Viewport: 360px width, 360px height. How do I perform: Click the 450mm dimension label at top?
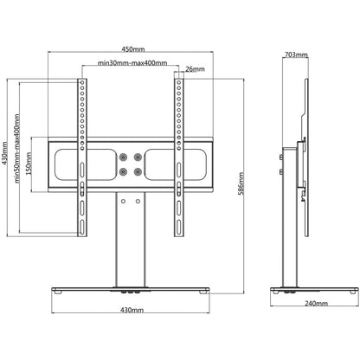tap(132, 48)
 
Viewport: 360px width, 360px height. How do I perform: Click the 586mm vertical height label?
tap(241, 183)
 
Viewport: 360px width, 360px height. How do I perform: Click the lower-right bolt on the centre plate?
tap(138, 170)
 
